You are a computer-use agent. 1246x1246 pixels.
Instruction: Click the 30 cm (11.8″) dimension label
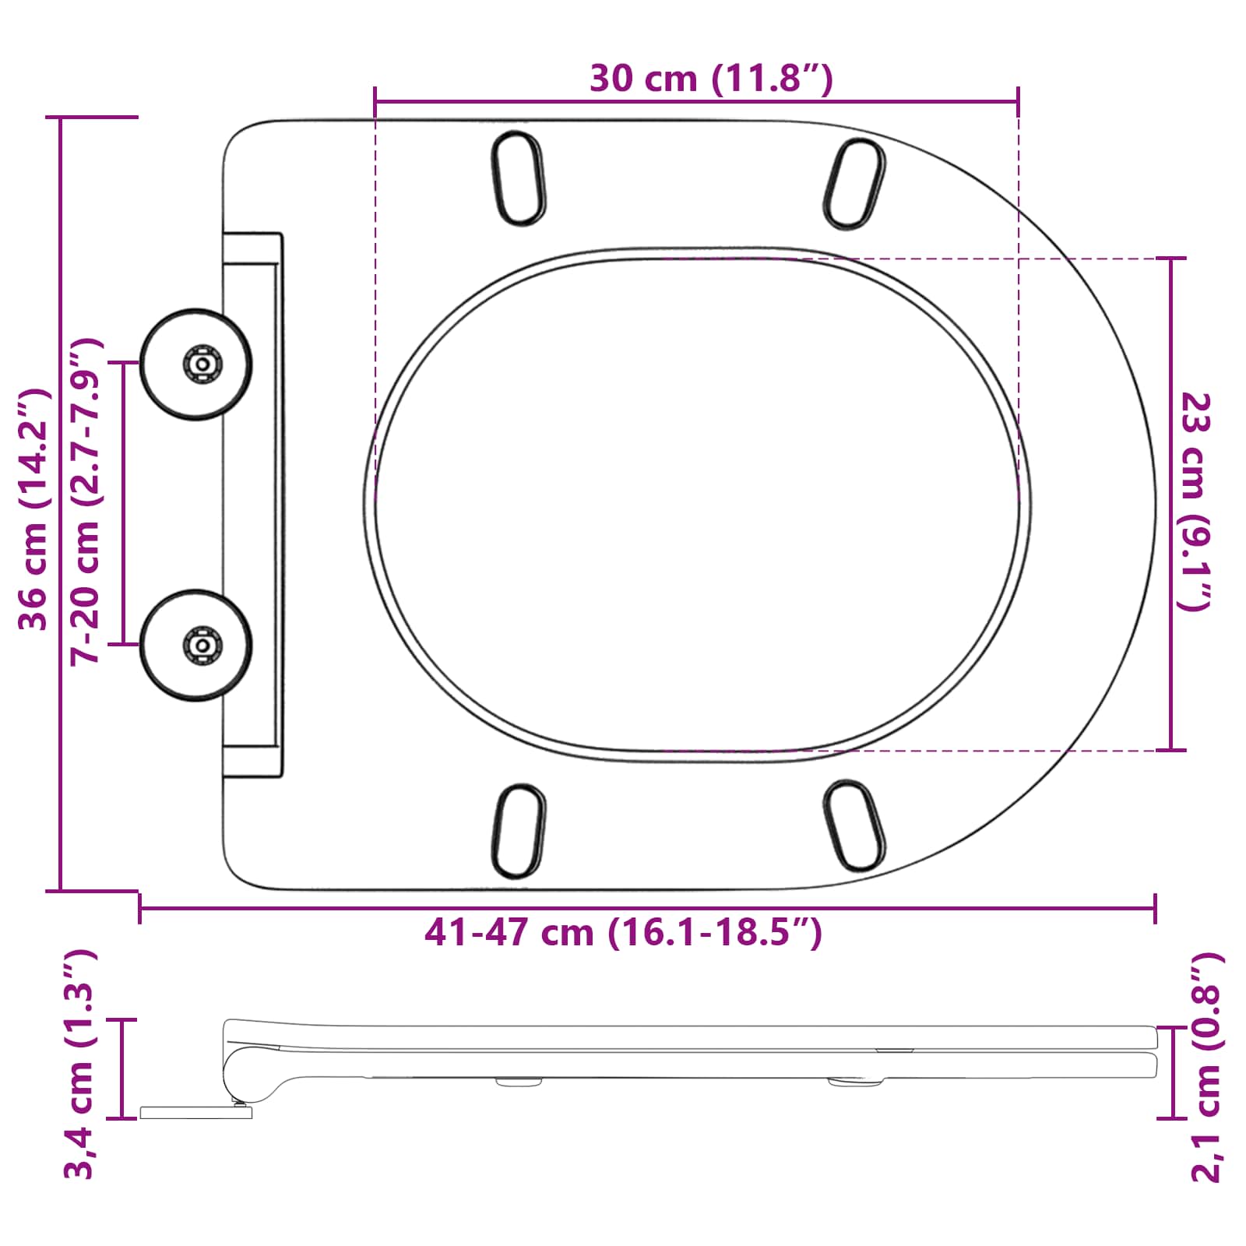(711, 79)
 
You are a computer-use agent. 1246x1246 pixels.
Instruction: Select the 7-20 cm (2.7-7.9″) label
(86, 502)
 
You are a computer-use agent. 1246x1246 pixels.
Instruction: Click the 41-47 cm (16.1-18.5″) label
(623, 932)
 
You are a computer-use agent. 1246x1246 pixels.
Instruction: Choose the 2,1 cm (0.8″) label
(1206, 1067)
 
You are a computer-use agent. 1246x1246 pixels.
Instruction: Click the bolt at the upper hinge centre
(202, 364)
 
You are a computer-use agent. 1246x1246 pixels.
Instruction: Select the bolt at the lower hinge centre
(202, 645)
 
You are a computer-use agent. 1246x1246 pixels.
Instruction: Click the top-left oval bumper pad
(518, 178)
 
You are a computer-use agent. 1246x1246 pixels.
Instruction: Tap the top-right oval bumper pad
(854, 184)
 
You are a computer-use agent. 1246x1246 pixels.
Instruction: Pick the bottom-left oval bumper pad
(518, 830)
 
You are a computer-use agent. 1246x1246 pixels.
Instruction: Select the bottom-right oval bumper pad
(854, 825)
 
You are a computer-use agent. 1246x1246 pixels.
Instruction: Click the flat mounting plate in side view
(195, 1113)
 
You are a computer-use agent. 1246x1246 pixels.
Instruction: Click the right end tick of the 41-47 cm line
(1155, 908)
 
